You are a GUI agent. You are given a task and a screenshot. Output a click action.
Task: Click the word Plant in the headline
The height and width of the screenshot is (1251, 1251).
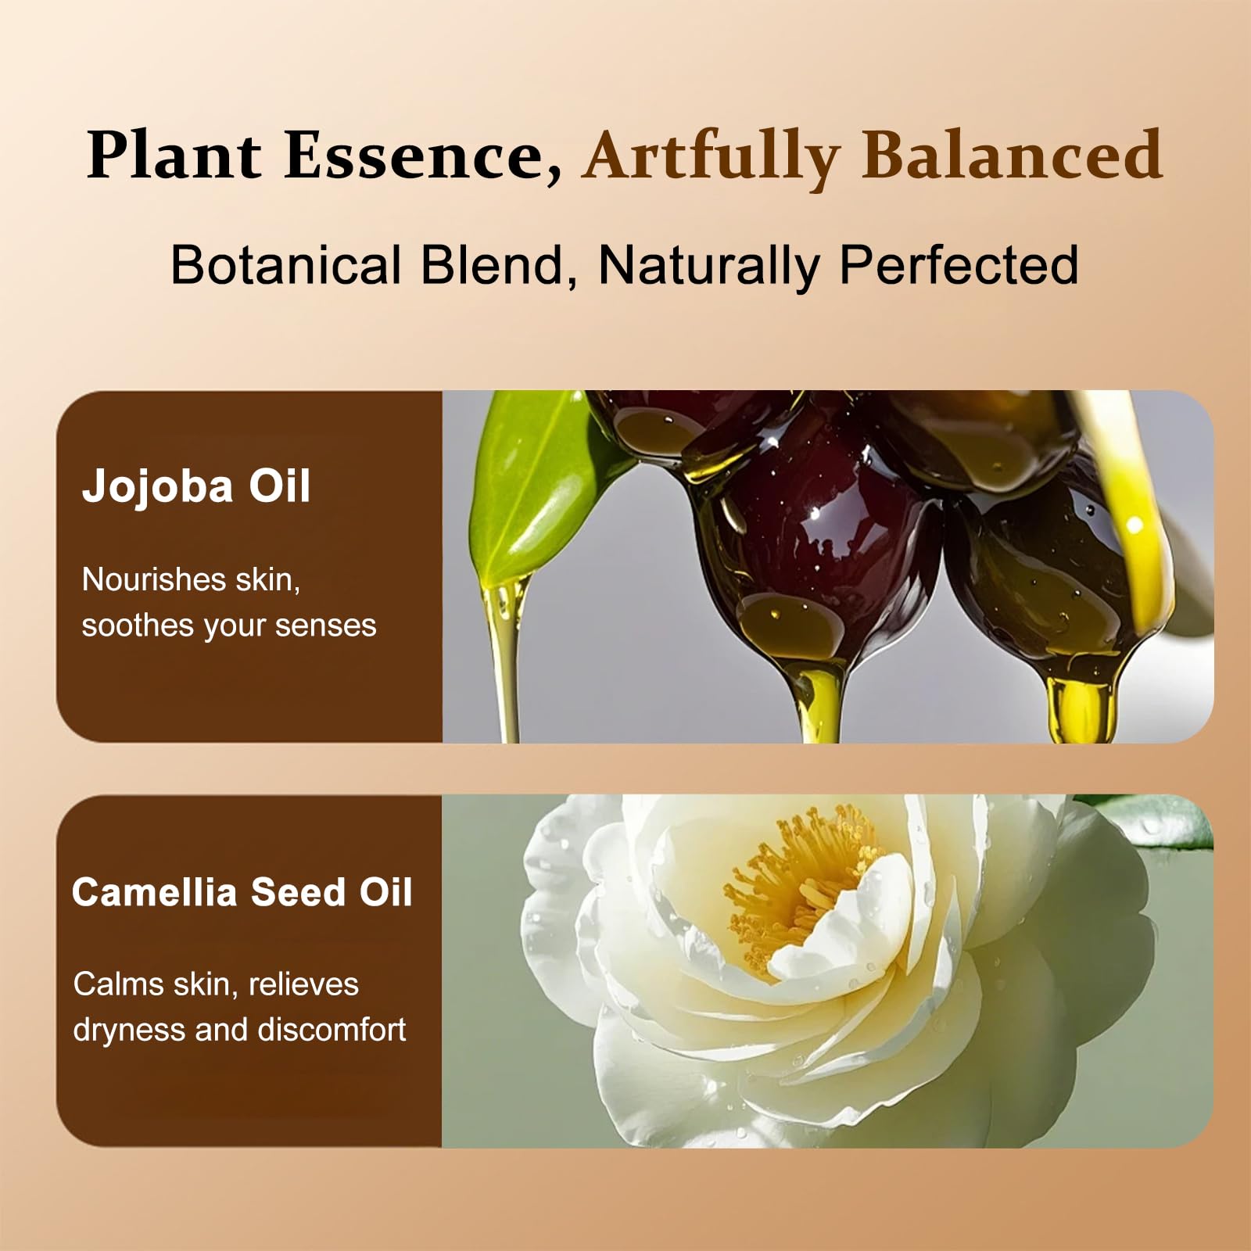pyautogui.click(x=174, y=155)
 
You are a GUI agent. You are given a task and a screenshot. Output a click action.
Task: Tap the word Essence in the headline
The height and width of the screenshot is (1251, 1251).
pyautogui.click(x=422, y=156)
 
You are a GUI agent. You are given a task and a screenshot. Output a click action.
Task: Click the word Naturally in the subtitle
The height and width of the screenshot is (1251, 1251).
pyautogui.click(x=708, y=266)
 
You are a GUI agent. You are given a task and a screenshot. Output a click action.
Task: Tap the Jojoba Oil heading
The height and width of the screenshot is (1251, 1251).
pyautogui.click(x=196, y=486)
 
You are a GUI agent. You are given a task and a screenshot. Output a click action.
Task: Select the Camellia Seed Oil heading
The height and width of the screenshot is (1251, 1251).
pyautogui.click(x=242, y=892)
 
